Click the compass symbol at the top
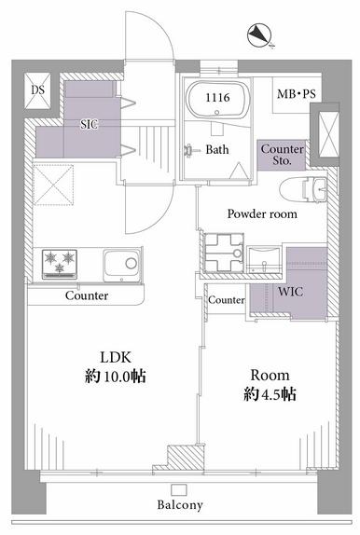tap(259, 35)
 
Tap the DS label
tap(38, 90)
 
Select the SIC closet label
tap(89, 124)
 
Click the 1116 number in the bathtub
tap(217, 98)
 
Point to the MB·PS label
tap(297, 94)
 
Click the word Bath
tap(217, 149)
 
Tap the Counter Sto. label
tap(283, 155)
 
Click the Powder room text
tap(262, 214)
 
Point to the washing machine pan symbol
tap(224, 253)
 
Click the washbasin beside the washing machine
tap(264, 260)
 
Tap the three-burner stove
tap(60, 264)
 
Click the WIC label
tap(290, 292)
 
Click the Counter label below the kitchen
tap(87, 295)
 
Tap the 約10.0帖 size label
tap(116, 377)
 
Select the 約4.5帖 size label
tap(270, 394)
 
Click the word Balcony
tap(180, 504)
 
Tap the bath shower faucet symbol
tap(190, 150)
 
